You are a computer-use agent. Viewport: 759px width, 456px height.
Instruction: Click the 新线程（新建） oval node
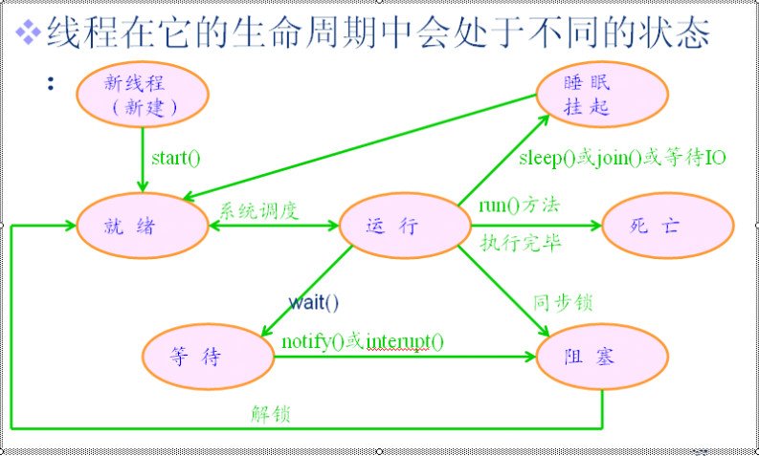point(141,94)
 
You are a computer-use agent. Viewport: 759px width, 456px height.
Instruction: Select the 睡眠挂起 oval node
point(602,95)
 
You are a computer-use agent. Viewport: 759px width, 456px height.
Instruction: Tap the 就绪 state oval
point(143,227)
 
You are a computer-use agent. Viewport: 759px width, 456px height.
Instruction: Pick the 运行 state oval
point(405,227)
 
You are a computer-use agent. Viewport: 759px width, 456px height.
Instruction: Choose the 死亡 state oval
point(667,227)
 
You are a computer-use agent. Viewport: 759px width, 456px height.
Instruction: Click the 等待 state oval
point(208,357)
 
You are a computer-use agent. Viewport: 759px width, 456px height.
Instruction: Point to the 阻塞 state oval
point(602,357)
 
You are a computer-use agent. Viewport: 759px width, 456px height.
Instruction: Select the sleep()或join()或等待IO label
point(623,158)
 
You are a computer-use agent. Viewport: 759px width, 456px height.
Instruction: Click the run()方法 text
point(520,205)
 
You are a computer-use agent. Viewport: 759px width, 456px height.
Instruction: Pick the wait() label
point(314,304)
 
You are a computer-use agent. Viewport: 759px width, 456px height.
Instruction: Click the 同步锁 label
point(562,303)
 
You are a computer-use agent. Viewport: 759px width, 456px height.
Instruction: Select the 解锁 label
point(271,414)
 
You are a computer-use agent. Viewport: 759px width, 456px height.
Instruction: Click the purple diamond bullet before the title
point(32,33)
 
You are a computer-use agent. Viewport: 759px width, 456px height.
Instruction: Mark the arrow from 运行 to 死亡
point(536,227)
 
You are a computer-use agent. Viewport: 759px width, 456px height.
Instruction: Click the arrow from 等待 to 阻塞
point(402,358)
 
